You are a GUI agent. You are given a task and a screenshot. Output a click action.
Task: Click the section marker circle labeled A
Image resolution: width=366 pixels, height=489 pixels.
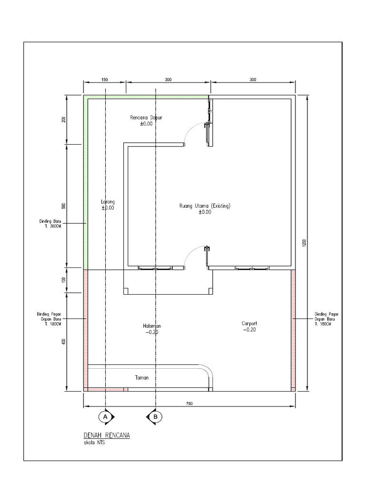coord(105,417)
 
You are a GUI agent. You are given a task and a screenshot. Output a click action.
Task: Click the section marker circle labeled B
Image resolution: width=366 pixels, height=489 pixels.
coord(155,417)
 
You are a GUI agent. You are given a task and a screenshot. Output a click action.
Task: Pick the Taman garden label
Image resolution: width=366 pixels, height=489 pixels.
coord(141,377)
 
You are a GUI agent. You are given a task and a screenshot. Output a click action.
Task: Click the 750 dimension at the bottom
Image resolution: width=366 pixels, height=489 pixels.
coord(189,404)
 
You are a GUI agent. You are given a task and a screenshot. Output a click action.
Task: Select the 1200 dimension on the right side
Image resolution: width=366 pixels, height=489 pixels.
coord(304,243)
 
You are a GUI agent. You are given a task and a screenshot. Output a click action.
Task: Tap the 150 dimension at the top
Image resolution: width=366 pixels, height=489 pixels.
coord(105,80)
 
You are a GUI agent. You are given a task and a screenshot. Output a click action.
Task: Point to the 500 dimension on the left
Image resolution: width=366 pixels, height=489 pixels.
coord(63,206)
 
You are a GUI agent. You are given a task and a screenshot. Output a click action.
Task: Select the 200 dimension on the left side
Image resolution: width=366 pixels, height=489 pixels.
coord(63,119)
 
